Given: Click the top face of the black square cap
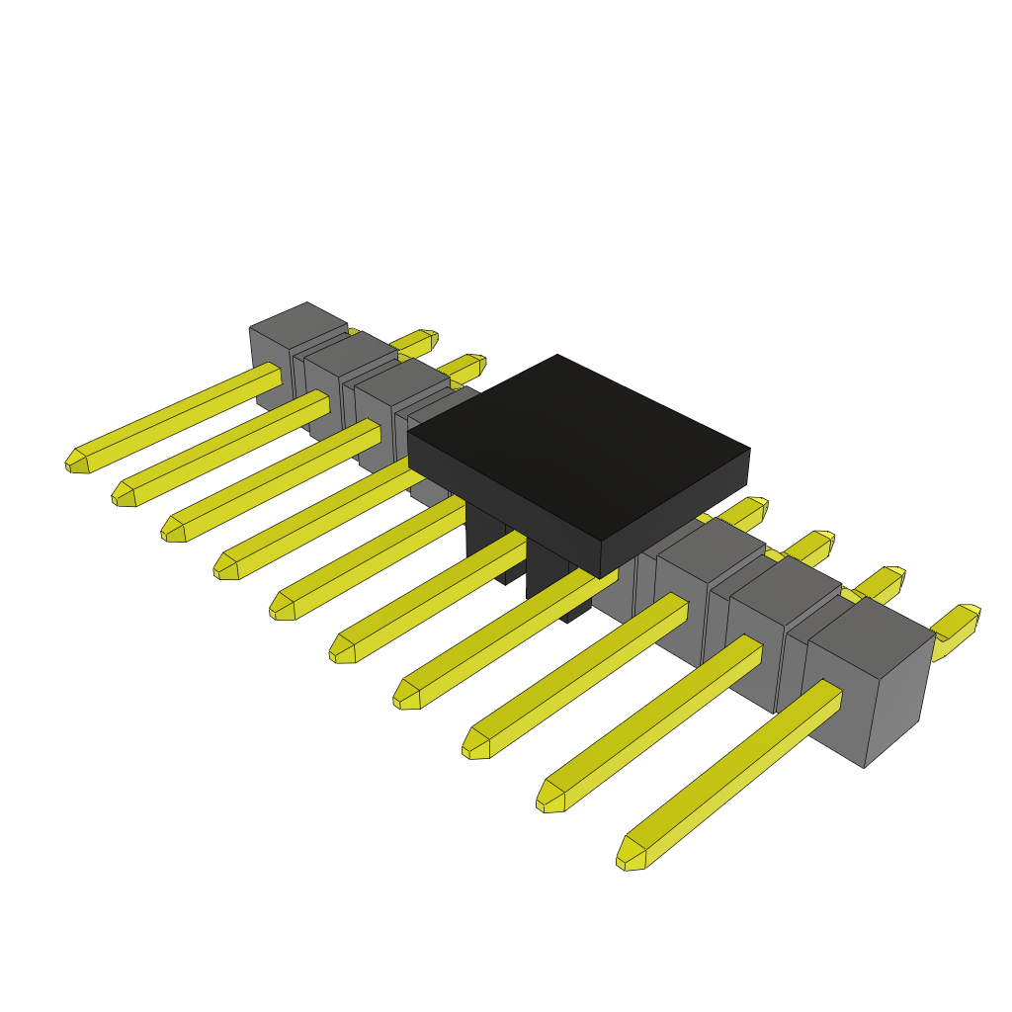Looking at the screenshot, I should (578, 445).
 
